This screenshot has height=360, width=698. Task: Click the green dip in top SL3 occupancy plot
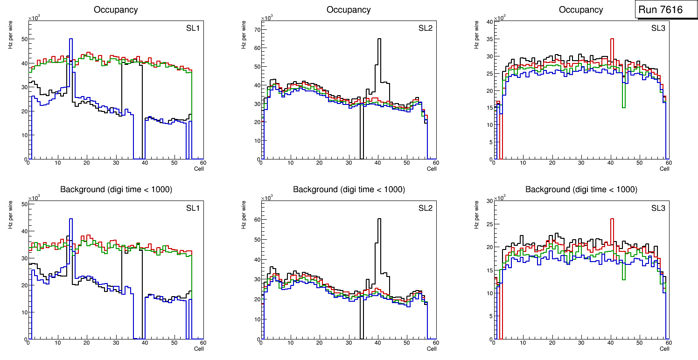point(623,107)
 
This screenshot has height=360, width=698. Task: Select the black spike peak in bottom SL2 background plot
point(379,219)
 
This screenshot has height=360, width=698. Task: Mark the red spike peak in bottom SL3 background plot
point(612,219)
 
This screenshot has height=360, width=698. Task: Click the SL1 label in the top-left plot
point(193,28)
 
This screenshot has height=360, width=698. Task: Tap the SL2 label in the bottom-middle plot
point(426,208)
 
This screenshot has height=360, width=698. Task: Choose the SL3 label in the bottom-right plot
point(658,208)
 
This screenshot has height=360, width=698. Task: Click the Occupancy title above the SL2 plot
point(349,10)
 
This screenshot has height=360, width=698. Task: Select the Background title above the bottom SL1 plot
point(116,189)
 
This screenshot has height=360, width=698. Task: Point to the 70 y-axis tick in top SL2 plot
point(256,29)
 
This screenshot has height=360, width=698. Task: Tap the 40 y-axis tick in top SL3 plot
point(489,22)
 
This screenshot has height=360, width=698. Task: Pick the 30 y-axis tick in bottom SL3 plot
point(489,201)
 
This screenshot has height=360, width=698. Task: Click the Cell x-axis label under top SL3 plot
point(664,169)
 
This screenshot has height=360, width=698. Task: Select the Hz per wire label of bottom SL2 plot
point(244,215)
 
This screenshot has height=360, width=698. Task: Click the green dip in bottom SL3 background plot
point(623,279)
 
